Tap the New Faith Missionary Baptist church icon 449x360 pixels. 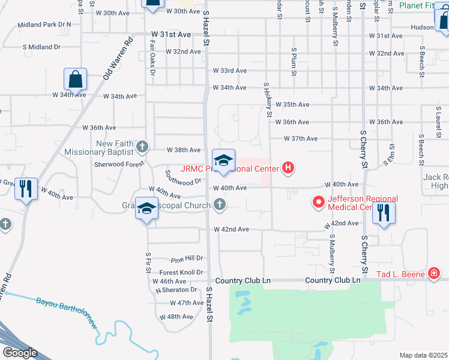click(142, 146)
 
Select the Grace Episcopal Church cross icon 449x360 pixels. click(220, 206)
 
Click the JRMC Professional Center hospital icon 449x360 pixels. click(288, 168)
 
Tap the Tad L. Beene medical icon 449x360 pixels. click(434, 275)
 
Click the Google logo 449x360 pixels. click(19, 353)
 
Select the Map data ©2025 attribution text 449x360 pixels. click(423, 355)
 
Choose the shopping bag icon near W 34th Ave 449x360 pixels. click(76, 79)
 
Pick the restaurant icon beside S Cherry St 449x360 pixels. click(384, 212)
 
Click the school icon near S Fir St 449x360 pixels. click(146, 209)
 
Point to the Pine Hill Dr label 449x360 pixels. click(187, 259)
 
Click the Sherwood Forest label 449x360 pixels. click(119, 163)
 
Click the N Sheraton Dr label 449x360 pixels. click(180, 290)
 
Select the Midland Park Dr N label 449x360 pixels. click(44, 25)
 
